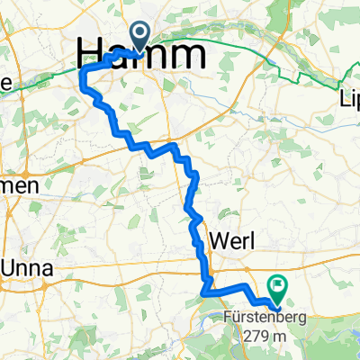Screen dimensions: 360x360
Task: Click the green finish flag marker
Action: [276, 290]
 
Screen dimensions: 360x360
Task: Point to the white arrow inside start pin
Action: [142, 33]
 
